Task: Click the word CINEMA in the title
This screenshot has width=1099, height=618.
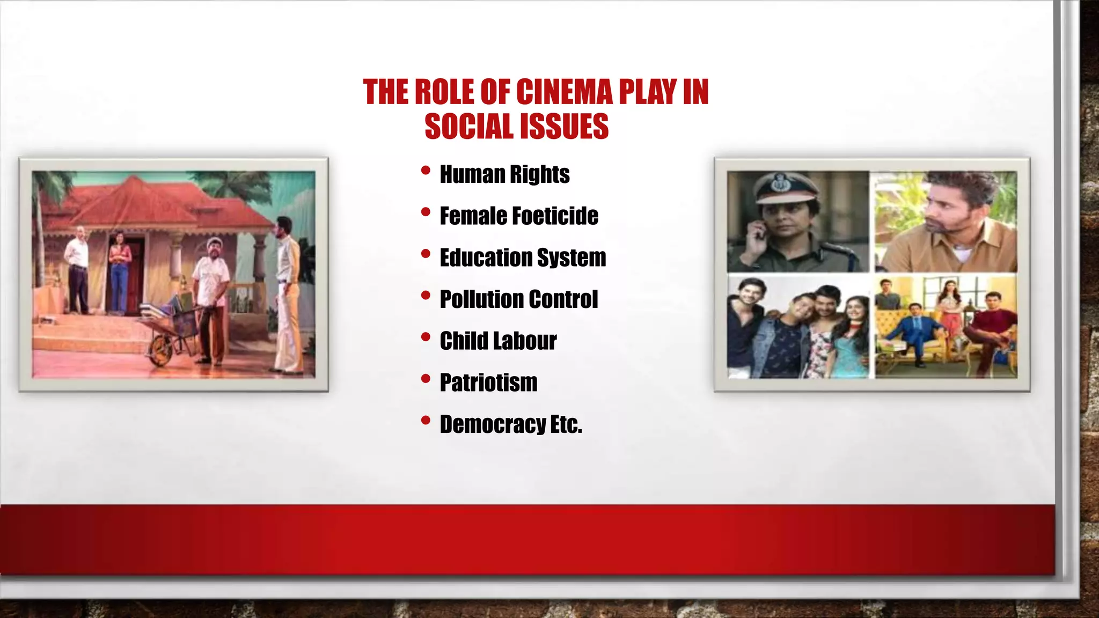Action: (564, 92)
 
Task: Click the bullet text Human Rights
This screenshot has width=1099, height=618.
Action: (504, 174)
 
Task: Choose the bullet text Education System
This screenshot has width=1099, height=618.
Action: (523, 257)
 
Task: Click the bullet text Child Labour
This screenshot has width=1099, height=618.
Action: (498, 341)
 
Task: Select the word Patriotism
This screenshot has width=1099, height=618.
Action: (488, 382)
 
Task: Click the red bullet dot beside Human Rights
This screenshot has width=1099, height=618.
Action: (426, 171)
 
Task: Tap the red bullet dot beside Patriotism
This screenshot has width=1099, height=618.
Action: (426, 379)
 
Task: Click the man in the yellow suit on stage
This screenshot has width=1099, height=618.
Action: (288, 295)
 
